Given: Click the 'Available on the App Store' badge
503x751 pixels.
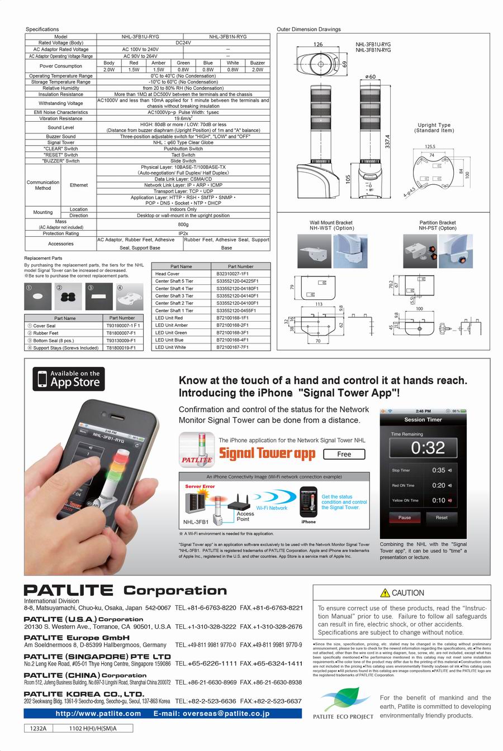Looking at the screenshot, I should (69, 379).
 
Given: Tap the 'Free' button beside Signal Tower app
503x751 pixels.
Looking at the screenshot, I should (344, 454).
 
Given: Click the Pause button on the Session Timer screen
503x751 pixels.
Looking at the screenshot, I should (405, 518).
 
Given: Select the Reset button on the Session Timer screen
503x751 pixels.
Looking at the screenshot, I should (442, 518).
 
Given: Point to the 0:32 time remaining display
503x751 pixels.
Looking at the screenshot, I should (428, 448).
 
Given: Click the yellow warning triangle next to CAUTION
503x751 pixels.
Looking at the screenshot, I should (385, 593).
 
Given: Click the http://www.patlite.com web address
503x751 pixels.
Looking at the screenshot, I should (98, 714).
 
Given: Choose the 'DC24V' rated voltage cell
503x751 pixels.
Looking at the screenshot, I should (183, 43).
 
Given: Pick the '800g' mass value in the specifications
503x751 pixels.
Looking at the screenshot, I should (183, 224).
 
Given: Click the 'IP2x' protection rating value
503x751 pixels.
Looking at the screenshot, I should (183, 233).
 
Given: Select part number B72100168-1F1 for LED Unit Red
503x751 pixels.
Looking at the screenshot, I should (233, 318).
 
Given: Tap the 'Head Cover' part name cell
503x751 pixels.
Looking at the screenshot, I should (167, 274).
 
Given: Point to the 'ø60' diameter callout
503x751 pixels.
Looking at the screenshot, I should (370, 76).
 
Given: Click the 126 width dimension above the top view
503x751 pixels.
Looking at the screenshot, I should (317, 45).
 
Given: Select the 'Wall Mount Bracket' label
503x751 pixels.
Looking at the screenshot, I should (331, 223).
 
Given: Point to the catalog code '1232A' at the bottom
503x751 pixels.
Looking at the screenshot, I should (39, 728).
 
